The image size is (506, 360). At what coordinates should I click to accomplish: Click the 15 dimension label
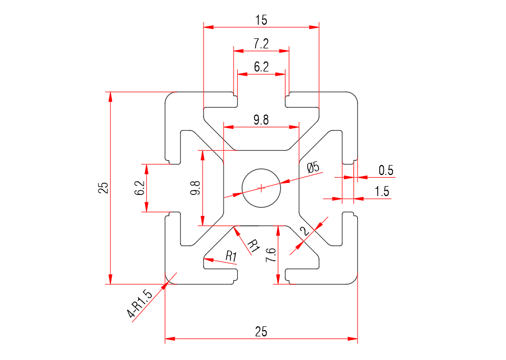pos(261,20)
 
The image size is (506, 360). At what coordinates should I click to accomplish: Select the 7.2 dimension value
pos(261,44)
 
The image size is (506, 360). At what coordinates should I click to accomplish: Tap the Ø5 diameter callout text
pos(313,168)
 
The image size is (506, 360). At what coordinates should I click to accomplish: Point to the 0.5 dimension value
pos(386,170)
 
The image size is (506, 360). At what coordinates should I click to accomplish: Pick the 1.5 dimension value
pos(382,192)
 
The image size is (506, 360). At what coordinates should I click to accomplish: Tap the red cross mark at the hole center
pos(261,188)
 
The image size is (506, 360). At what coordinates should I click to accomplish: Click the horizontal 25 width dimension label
pos(261,332)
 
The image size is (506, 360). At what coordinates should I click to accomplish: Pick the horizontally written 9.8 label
pos(261,120)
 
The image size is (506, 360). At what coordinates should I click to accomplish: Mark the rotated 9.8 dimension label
pos(195,188)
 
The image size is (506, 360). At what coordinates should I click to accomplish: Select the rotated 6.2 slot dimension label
pos(139,188)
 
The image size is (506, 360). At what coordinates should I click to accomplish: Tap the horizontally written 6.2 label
pos(261,67)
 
